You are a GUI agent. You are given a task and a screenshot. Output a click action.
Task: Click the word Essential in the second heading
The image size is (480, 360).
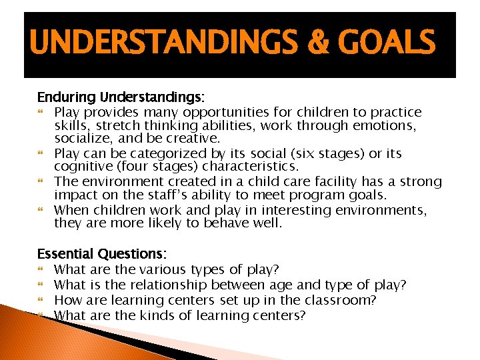[65, 254]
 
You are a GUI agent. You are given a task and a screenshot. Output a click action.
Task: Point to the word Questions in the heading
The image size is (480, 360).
[132, 254]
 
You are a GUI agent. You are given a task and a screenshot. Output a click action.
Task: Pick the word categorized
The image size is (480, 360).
[174, 153]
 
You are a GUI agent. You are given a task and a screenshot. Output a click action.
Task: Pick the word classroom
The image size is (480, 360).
[343, 300]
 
